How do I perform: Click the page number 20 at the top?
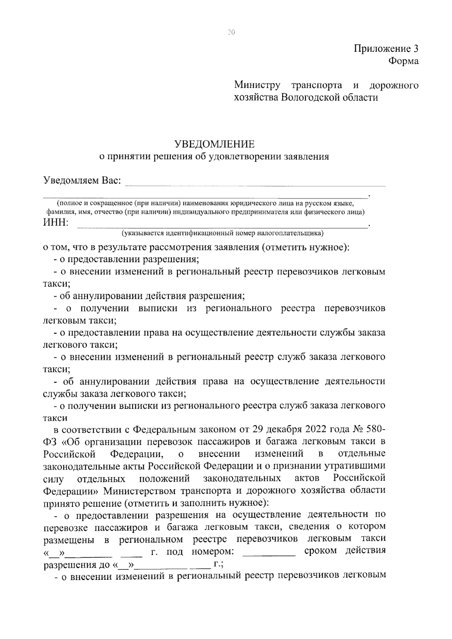tap(231, 32)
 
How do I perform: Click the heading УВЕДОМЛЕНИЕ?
tap(214, 144)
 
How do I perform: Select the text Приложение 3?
tap(386, 49)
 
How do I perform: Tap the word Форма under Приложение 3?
tap(403, 61)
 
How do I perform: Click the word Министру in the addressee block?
tap(257, 85)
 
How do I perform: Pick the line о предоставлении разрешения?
tap(127, 259)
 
